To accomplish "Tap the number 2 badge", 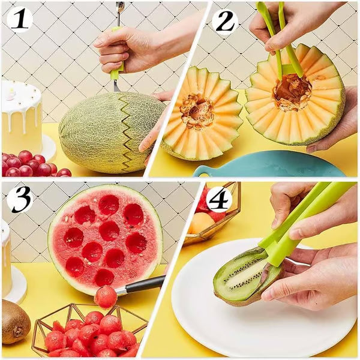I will point(225,22).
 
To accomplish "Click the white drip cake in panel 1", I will point(22,117).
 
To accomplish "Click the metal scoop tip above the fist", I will point(121,8).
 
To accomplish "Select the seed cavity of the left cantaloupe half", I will point(197,111).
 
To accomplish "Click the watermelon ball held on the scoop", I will point(106,296).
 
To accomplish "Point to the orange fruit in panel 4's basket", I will point(202,223).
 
